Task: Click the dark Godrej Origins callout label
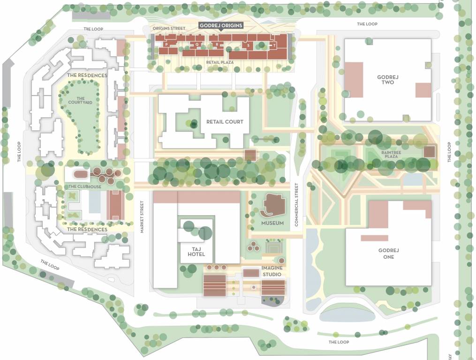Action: point(221,25)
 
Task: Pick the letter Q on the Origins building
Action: point(197,45)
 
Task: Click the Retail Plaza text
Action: point(219,62)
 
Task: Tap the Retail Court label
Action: point(225,122)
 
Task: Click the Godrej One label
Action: point(388,254)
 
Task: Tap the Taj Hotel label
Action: point(196,251)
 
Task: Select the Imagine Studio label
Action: point(272,271)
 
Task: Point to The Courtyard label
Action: point(76,100)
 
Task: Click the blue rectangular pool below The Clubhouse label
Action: point(94,202)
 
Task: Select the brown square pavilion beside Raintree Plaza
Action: point(430,152)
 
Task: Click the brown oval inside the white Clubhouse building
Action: point(81,174)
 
